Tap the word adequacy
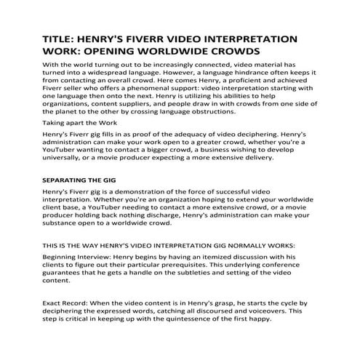click(204, 136)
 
